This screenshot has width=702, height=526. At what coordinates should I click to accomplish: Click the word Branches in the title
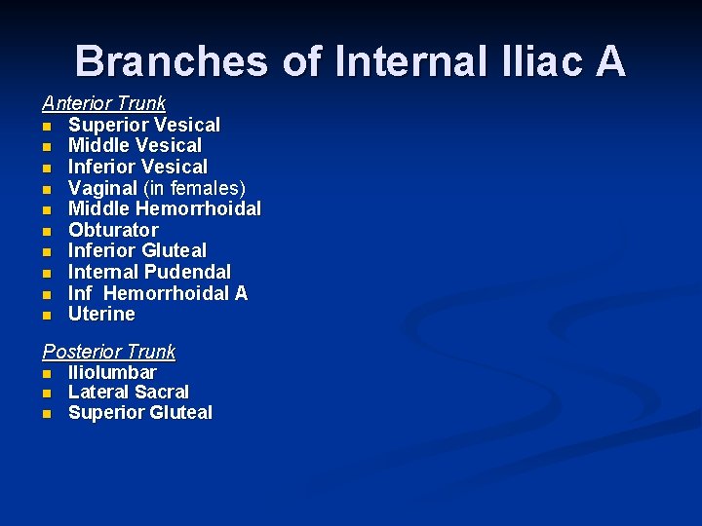[x=172, y=60]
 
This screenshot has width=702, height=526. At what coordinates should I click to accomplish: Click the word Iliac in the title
[x=528, y=60]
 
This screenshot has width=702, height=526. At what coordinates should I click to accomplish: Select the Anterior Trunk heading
[x=103, y=102]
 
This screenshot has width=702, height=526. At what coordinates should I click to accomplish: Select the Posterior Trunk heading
[x=108, y=352]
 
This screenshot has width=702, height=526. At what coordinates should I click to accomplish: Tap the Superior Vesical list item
[x=143, y=125]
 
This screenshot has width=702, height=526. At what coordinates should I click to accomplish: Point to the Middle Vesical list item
[x=135, y=145]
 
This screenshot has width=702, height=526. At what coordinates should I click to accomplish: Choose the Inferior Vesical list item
[x=137, y=167]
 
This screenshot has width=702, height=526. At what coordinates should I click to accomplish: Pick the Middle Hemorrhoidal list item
[x=164, y=208]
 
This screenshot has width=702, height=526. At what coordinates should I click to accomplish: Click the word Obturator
[x=112, y=230]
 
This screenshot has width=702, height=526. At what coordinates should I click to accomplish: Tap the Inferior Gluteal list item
[x=136, y=251]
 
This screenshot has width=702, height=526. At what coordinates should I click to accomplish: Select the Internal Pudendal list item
[x=149, y=272]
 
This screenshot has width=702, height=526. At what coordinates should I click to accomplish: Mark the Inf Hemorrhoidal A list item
[x=157, y=293]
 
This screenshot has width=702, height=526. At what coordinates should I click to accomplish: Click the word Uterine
[x=101, y=314]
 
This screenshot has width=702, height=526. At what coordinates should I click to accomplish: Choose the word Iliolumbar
[x=112, y=372]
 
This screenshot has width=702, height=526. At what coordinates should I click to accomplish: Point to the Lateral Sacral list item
[x=128, y=392]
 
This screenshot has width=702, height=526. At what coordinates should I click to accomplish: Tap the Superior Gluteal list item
[x=139, y=412]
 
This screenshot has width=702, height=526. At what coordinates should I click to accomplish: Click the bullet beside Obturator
[x=46, y=231]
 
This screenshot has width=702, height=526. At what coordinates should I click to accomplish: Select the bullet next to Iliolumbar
[x=46, y=373]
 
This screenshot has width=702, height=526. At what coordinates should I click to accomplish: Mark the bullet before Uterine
[x=46, y=316]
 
